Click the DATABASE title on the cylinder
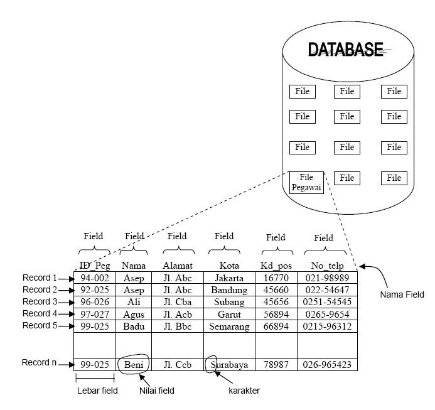[x=345, y=50]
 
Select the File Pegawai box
[x=306, y=183]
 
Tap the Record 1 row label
[x=40, y=278]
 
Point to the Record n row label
[x=40, y=363]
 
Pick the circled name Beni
[x=134, y=364]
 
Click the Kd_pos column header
[x=276, y=265]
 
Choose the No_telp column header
[x=327, y=265]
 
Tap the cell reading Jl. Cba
[x=177, y=302]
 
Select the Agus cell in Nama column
[x=133, y=314]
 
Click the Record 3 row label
[x=40, y=301]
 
